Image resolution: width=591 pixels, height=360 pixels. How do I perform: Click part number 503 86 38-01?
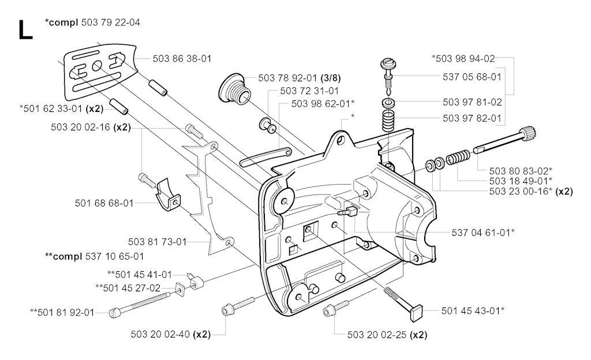[182, 58]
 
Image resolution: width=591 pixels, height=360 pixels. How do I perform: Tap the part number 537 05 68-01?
[472, 76]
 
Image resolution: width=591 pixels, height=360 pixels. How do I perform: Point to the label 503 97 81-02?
[472, 102]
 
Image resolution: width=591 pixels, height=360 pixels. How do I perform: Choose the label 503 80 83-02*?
[521, 170]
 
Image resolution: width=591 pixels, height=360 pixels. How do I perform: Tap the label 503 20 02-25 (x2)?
[387, 334]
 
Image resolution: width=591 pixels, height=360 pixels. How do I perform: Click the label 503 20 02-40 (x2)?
[170, 334]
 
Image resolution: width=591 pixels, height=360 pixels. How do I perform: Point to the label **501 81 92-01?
[62, 312]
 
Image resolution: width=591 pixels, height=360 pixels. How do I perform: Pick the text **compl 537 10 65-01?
[94, 256]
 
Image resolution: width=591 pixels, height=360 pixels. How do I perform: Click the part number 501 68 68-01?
[104, 203]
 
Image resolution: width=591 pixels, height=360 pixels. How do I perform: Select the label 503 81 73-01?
[157, 241]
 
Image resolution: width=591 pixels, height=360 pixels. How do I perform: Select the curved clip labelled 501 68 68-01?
[167, 196]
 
